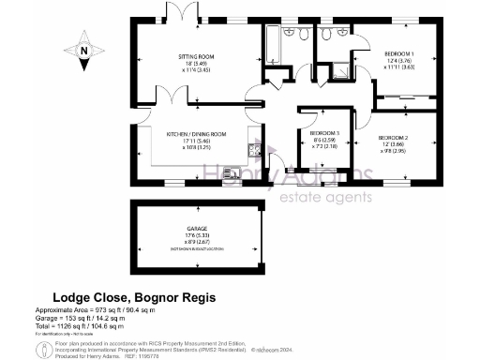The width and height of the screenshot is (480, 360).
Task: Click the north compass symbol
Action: click(x=83, y=52)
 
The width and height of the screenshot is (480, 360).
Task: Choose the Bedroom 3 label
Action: click(x=324, y=133)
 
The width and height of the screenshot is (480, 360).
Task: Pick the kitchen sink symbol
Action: click(x=253, y=150)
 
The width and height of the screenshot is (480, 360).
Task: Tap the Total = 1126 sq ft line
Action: click(x=90, y=325)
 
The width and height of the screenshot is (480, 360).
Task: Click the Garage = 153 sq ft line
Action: click(x=89, y=318)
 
